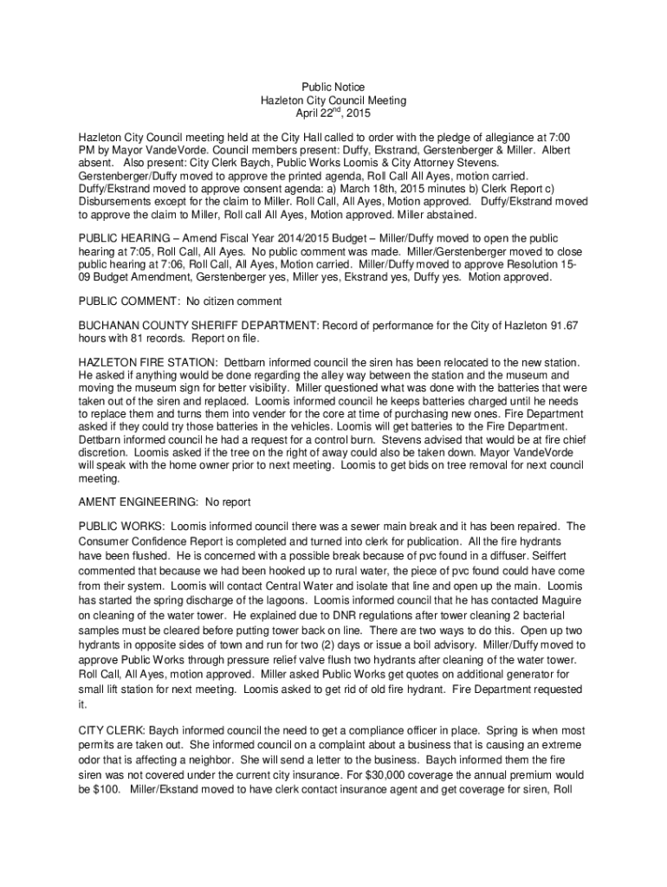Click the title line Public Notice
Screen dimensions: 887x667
[333, 87]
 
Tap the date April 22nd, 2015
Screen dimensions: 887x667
[333, 113]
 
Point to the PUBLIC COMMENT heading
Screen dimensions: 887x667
[129, 301]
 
